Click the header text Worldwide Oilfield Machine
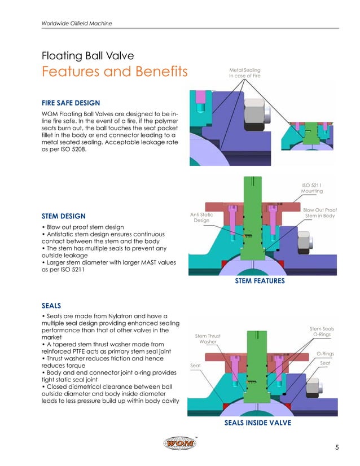77,23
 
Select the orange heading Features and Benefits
115,73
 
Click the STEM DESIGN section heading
63,216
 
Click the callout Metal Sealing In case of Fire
244,73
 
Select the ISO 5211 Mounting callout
311,188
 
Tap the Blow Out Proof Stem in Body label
319,213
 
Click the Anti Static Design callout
201,217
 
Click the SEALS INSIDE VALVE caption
257,423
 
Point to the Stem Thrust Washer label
208,339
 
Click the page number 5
336,448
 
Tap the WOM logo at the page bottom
180,444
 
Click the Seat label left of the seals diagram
195,366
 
